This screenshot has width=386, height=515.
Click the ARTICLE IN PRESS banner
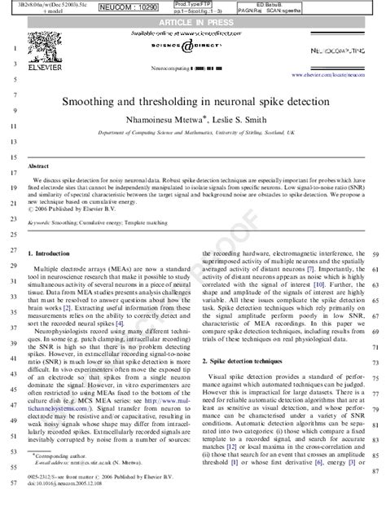(192, 21)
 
